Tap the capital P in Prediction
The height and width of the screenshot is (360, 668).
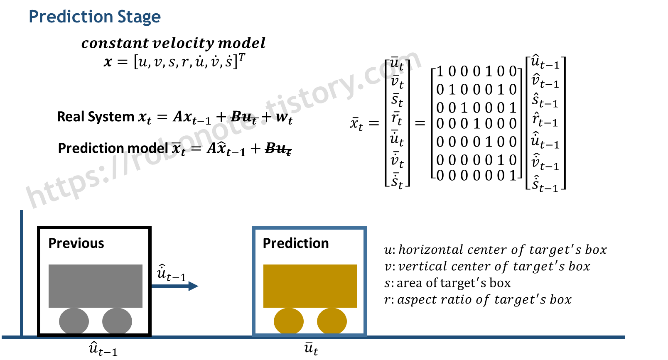(x=33, y=17)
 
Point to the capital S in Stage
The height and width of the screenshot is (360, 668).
(x=122, y=17)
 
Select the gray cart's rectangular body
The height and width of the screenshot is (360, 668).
(x=96, y=286)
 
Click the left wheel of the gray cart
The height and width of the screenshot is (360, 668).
(x=74, y=321)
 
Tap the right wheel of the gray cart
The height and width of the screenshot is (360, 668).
(x=117, y=321)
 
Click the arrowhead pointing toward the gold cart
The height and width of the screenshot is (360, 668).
(x=194, y=286)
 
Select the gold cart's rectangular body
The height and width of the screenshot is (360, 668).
(x=310, y=286)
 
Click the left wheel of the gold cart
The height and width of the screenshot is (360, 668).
(x=289, y=321)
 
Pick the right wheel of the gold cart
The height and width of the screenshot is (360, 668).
(x=332, y=321)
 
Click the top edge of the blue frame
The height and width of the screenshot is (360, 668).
(x=309, y=228)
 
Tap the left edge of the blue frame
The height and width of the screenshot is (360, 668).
(x=254, y=282)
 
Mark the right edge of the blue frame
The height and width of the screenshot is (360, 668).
(x=365, y=282)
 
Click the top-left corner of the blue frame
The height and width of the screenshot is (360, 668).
(x=254, y=228)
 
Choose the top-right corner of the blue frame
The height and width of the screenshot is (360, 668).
(x=365, y=228)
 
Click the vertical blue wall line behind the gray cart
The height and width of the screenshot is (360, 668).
(x=22, y=274)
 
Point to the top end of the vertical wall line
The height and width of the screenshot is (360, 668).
(x=22, y=211)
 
